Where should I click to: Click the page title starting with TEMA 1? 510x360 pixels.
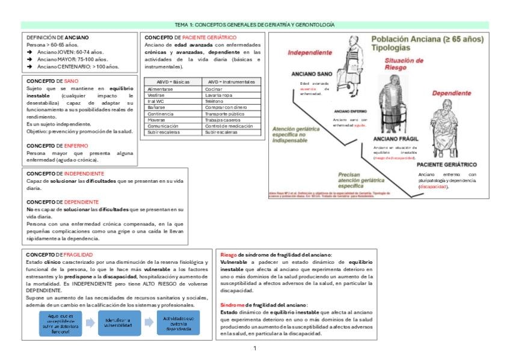tap(254, 25)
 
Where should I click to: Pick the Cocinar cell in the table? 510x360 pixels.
tap(214, 88)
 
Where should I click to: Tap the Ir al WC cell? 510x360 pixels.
tap(156, 102)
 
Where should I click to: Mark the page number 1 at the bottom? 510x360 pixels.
tap(254, 348)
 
